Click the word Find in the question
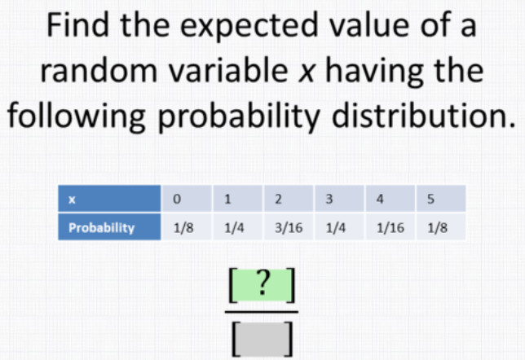pyautogui.click(x=77, y=24)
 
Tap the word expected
pyautogui.click(x=249, y=26)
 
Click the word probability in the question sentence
pyautogui.click(x=239, y=116)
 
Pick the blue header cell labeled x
pyautogui.click(x=109, y=199)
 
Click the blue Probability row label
pyautogui.click(x=109, y=227)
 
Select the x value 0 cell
pyautogui.click(x=187, y=199)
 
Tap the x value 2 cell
pyautogui.click(x=289, y=199)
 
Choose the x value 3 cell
pyautogui.click(x=339, y=199)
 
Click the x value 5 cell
pyautogui.click(x=440, y=199)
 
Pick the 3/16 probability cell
pyautogui.click(x=289, y=227)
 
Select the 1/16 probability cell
pyautogui.click(x=390, y=227)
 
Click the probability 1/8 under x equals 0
pyautogui.click(x=187, y=227)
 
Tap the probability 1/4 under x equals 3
pyautogui.click(x=339, y=227)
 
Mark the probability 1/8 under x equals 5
pyautogui.click(x=440, y=227)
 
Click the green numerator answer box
pyautogui.click(x=262, y=285)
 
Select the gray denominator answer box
pyautogui.click(x=262, y=339)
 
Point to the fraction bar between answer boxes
pyautogui.click(x=262, y=312)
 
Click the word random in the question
pyautogui.click(x=99, y=71)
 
